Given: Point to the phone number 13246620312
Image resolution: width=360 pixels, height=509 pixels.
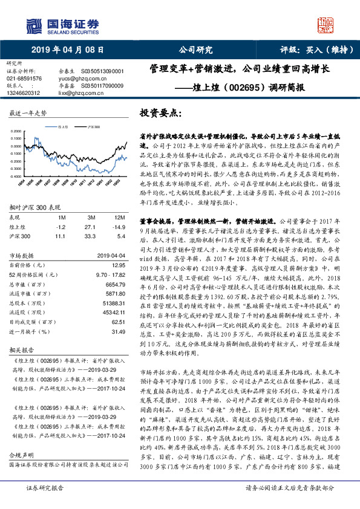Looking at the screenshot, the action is tap(24, 92).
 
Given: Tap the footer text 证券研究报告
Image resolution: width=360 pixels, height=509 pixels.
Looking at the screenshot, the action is tap(44, 504).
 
